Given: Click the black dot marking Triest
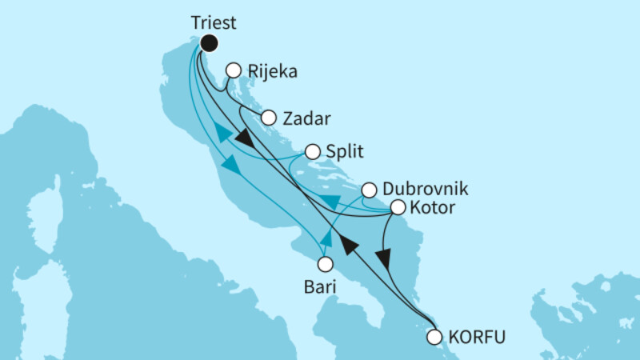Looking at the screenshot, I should tap(210, 44).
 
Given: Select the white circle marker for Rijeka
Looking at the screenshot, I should tap(234, 70).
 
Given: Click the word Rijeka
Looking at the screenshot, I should tap(273, 71).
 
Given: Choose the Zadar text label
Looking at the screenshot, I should tap(309, 118).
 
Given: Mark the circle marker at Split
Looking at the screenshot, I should tap(312, 150).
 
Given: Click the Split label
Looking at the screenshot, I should tap(344, 151).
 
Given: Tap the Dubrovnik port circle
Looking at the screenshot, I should tap(368, 190).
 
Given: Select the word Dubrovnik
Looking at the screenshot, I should tap(425, 190).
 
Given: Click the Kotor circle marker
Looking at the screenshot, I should tap(398, 208).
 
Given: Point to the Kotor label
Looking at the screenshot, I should tap(434, 209).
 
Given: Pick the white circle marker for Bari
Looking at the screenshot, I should tap(326, 263).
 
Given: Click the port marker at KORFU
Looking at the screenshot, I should tap(434, 337).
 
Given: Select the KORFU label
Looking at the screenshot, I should tap(477, 337).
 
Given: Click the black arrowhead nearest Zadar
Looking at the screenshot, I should tap(248, 141).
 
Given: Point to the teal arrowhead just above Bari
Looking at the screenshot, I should tap(326, 238).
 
